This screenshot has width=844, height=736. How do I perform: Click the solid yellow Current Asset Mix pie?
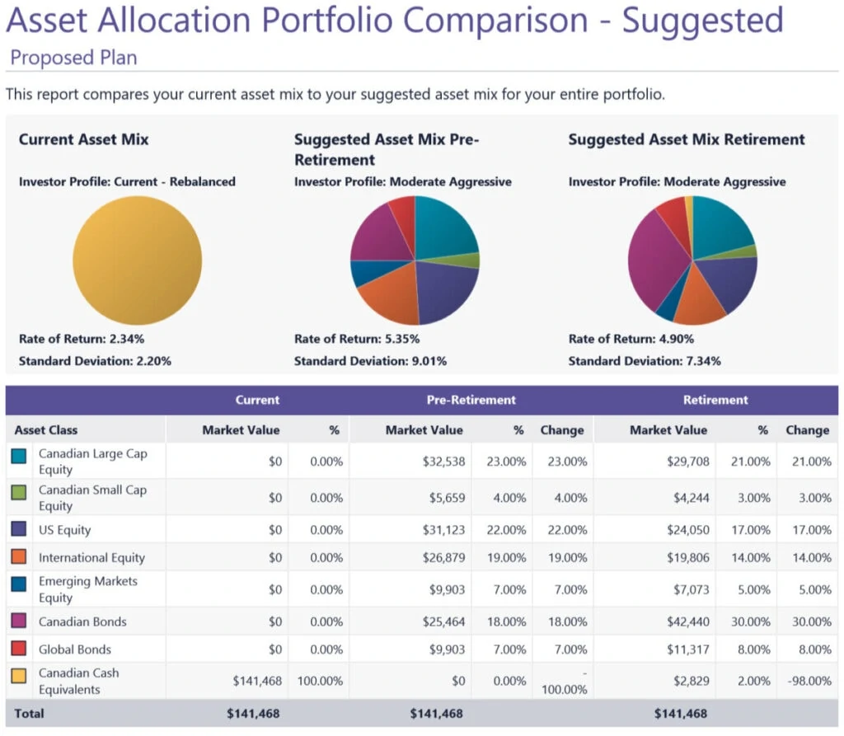coord(137,260)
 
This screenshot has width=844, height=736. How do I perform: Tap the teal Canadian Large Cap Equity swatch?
coord(19,455)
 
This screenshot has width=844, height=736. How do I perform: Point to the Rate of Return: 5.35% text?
coord(357,339)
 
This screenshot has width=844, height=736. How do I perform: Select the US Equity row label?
coord(65,530)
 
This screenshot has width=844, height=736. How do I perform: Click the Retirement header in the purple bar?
coord(715,400)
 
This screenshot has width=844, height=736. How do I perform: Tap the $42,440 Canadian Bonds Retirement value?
coord(687,621)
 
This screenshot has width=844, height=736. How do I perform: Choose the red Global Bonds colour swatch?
coord(19,649)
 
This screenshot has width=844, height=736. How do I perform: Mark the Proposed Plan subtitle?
coord(73,58)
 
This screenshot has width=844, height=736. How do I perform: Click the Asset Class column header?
coord(46,429)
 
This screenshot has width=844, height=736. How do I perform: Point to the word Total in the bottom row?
coord(29,713)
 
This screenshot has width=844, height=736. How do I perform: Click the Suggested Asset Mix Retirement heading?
coord(687,139)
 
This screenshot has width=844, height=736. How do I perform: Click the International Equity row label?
coord(91,558)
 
